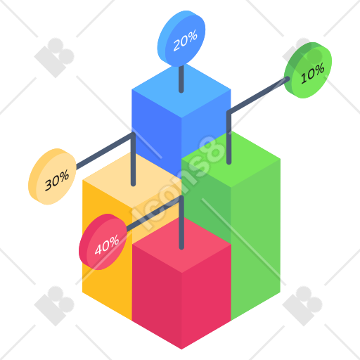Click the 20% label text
(x=185, y=41)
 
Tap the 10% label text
(x=313, y=73)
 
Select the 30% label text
(x=57, y=180)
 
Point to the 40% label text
(x=107, y=245)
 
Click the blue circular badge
(x=181, y=39)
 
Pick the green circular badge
(x=308, y=70)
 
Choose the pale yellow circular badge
(x=52, y=176)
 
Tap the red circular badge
(x=103, y=242)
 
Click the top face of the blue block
(x=181, y=90)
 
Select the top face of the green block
(x=231, y=160)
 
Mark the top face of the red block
(x=181, y=245)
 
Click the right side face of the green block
(x=256, y=239)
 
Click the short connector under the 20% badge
(x=181, y=79)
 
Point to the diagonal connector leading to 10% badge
(x=259, y=95)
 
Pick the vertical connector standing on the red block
(x=181, y=223)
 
